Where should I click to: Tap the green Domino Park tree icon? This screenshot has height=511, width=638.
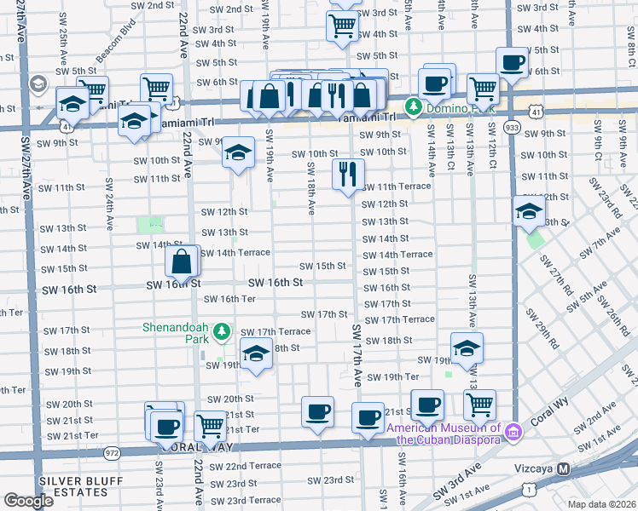414,106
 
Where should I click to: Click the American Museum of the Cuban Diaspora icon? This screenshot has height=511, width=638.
513,433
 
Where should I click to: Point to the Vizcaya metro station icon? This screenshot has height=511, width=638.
563,469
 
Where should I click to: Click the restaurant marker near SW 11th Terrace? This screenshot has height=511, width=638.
348,175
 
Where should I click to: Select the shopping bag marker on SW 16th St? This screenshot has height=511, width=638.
183,261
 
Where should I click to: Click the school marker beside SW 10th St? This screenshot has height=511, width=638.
238,153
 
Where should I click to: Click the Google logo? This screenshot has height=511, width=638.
28,501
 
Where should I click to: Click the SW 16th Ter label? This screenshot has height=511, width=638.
229,299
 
